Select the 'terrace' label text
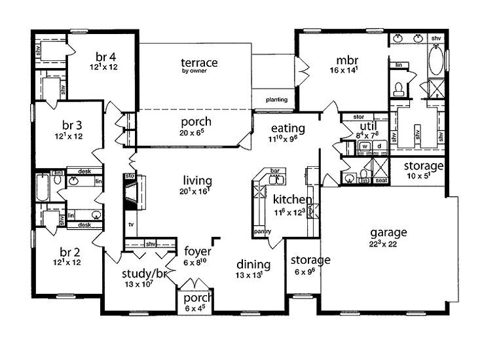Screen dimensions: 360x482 (x=199, y=62)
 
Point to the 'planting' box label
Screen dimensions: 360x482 (x=276, y=100)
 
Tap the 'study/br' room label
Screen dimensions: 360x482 (x=142, y=274)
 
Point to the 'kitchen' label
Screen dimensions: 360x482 (x=292, y=199)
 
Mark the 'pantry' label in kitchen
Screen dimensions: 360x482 (x=262, y=231)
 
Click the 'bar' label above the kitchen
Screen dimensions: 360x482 (x=275, y=170)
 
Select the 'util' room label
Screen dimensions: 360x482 (x=365, y=126)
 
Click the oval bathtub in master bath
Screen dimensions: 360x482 (x=436, y=62)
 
